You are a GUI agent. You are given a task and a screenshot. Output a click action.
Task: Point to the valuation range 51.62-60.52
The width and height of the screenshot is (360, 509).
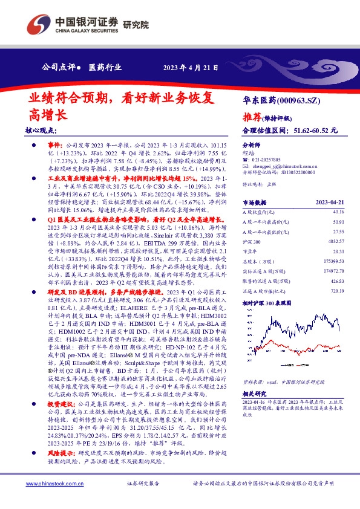point(315,130)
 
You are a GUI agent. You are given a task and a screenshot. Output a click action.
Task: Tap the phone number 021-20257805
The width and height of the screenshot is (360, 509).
point(269,160)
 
